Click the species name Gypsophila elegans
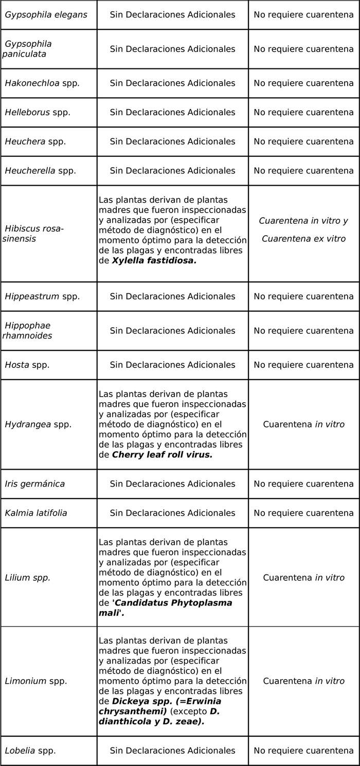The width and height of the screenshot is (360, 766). (41, 14)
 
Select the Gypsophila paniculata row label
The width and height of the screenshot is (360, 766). (28, 49)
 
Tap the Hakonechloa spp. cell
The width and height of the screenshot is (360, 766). (42, 83)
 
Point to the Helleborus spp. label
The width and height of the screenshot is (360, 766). (38, 112)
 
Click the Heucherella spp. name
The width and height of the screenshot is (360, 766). (40, 170)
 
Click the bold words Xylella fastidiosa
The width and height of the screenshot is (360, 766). (154, 261)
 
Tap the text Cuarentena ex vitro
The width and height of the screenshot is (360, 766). (303, 239)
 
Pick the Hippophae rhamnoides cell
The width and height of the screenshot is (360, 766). (28, 331)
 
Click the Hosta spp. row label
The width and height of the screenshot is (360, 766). (27, 365)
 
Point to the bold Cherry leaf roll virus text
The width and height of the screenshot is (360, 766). (162, 455)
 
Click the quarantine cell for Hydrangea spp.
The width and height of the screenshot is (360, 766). (303, 424)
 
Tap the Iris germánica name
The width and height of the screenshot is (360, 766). (34, 484)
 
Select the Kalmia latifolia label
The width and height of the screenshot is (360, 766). (36, 513)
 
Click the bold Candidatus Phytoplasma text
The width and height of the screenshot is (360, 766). (173, 602)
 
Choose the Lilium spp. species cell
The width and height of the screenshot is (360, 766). (27, 578)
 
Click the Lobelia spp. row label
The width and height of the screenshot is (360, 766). (30, 751)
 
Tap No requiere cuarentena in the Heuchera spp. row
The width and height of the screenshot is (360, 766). (303, 141)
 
